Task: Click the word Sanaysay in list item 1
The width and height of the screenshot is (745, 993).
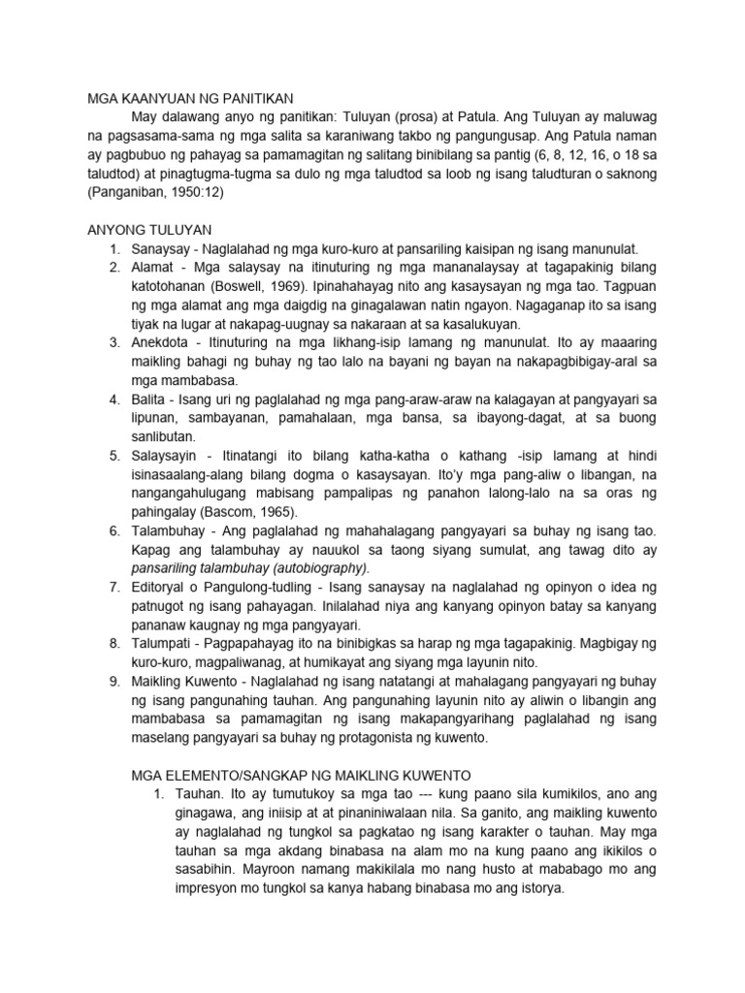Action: tap(162, 249)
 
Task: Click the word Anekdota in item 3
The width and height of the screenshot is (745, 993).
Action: tap(163, 342)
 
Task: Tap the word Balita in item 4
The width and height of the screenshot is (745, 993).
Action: tap(150, 399)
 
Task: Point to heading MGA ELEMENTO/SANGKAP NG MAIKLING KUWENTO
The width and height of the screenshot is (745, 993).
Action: tap(301, 776)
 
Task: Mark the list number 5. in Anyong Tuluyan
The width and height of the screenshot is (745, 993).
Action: tap(113, 455)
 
